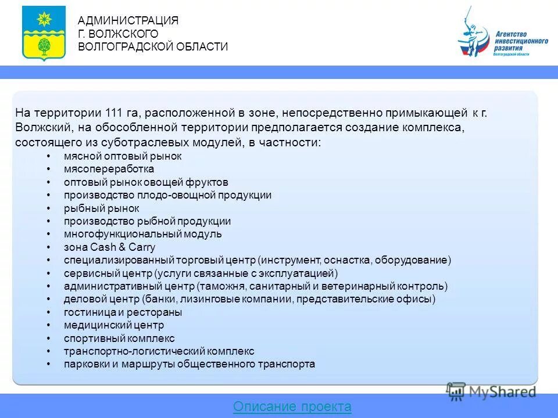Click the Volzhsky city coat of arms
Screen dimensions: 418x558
[x=44, y=33]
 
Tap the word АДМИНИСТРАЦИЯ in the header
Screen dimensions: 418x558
[x=128, y=21]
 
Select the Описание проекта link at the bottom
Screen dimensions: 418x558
[x=292, y=407]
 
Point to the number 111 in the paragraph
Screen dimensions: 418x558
[x=115, y=113]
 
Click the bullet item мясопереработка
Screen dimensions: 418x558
[x=109, y=169]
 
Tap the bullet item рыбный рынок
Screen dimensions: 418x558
[x=102, y=208]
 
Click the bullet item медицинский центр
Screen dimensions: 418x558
[x=114, y=325]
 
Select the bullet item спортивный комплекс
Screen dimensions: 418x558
[x=119, y=338]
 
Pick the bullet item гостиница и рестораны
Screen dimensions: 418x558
[x=123, y=312]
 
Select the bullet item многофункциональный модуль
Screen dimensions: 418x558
[x=142, y=234]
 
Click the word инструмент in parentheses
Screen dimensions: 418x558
[x=289, y=260]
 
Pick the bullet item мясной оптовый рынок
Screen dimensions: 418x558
[x=123, y=156]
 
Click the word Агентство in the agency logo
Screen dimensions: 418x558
[x=512, y=35]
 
